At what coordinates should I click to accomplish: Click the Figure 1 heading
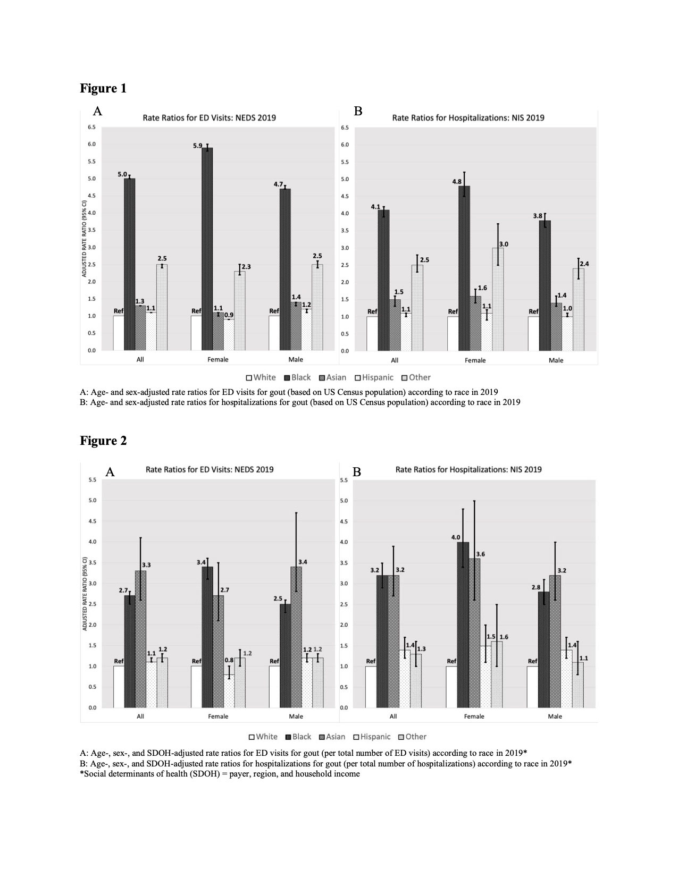pyautogui.click(x=103, y=88)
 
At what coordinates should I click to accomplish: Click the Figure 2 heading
pyautogui.click(x=103, y=441)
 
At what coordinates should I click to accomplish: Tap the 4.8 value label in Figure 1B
pyautogui.click(x=457, y=182)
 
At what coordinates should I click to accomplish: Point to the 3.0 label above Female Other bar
pyautogui.click(x=503, y=244)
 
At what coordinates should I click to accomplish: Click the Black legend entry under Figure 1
pyautogui.click(x=297, y=377)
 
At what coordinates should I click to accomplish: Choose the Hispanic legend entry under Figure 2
pyautogui.click(x=375, y=737)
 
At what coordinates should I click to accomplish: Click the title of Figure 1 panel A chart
pyautogui.click(x=210, y=117)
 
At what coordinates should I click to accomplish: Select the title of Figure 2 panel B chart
pyautogui.click(x=468, y=469)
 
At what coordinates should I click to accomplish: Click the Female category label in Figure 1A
pyautogui.click(x=217, y=360)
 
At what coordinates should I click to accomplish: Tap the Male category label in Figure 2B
pyautogui.click(x=555, y=716)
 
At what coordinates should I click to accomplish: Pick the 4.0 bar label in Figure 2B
pyautogui.click(x=456, y=537)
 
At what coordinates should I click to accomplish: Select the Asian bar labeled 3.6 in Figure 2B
pyautogui.click(x=474, y=633)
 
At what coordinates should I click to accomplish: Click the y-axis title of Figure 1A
pyautogui.click(x=85, y=239)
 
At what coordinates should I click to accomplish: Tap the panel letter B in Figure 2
pyautogui.click(x=357, y=471)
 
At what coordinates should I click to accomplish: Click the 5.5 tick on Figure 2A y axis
pyautogui.click(x=92, y=480)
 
